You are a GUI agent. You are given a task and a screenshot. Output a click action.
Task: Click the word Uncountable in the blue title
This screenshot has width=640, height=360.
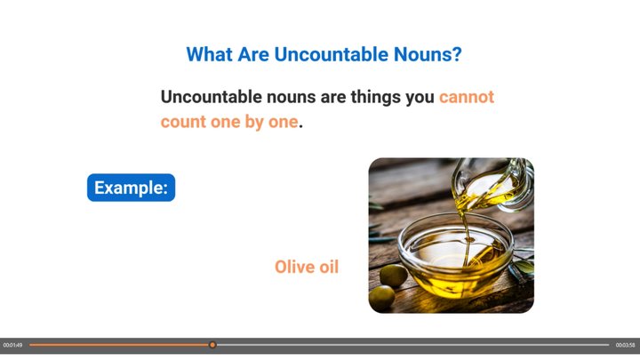point(331,54)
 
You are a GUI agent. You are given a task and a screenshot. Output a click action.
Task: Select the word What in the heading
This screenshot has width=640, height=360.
point(209,54)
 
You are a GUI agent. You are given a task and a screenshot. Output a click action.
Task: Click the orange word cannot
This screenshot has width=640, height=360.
point(467,97)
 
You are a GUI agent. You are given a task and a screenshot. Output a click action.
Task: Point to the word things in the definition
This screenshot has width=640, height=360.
point(375,98)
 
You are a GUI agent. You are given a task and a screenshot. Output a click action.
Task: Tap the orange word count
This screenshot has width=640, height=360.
point(183,122)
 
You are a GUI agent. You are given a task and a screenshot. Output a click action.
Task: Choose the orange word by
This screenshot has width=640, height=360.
point(254,122)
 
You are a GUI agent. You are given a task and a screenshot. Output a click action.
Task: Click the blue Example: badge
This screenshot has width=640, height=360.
point(131,188)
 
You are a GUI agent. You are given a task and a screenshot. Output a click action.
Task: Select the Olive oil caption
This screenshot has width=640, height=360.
point(307,267)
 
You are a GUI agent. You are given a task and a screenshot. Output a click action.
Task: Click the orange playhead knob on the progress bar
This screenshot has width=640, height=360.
point(212,345)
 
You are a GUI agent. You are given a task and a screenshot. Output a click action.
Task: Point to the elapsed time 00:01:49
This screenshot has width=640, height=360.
point(12,345)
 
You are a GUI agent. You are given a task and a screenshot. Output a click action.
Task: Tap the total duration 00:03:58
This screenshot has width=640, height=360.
point(625,345)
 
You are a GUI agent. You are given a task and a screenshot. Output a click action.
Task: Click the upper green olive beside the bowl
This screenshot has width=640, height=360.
point(393,275)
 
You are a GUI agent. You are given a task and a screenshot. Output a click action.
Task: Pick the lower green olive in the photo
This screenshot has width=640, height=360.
point(382,296)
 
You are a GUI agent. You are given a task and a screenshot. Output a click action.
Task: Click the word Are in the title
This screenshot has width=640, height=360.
point(253,54)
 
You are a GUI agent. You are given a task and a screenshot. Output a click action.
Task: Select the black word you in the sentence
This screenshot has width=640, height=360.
point(420,99)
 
